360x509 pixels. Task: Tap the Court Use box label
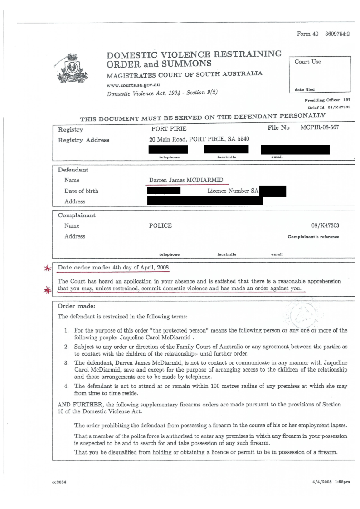tap(307, 62)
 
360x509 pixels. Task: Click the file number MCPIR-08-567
tap(319, 128)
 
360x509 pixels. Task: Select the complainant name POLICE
tap(161, 225)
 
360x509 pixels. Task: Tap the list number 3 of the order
tap(66, 363)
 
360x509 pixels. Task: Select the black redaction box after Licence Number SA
tap(274, 191)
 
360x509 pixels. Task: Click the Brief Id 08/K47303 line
tap(330, 107)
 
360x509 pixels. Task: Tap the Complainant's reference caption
tap(313, 237)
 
